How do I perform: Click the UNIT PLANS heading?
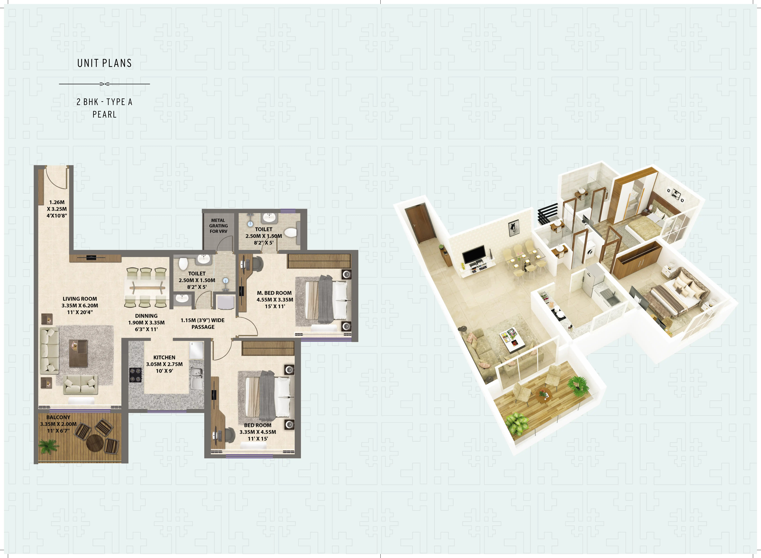point(104,63)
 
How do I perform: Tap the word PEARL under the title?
point(104,114)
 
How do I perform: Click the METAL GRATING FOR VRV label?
point(218,226)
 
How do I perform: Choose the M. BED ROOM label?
point(274,293)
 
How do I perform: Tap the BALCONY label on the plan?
point(58,418)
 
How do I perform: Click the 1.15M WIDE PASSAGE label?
point(203,323)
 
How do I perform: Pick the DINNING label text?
point(146,316)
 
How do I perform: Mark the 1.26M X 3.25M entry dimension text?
point(57,209)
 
